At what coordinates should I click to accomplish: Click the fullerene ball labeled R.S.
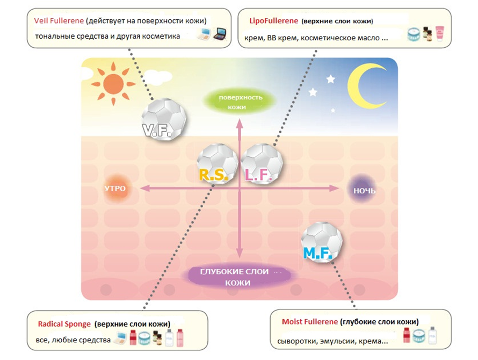(216, 163)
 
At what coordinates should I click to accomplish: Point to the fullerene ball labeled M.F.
(321, 242)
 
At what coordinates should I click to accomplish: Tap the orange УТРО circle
(115, 189)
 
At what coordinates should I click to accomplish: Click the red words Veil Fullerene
(59, 20)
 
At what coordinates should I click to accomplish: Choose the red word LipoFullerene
(272, 21)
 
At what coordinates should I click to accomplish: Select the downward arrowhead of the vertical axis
(240, 254)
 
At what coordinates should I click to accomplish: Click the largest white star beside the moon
(331, 79)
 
